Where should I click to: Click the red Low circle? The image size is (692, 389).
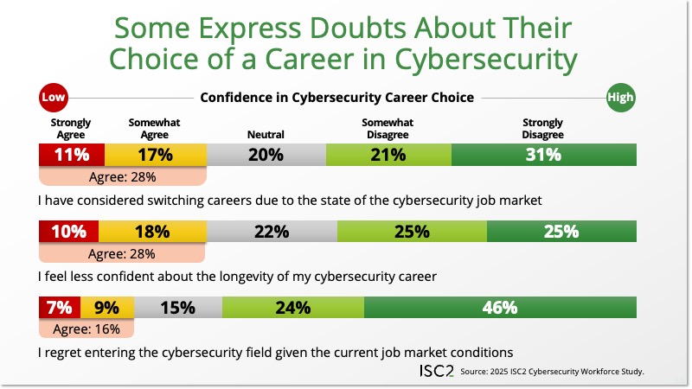pyautogui.click(x=54, y=98)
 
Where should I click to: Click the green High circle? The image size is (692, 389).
pyautogui.click(x=620, y=98)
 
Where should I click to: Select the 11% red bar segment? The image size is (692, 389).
pyautogui.click(x=72, y=156)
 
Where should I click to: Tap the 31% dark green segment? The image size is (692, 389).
pyautogui.click(x=543, y=156)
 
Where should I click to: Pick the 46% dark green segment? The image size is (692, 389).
pyautogui.click(x=500, y=307)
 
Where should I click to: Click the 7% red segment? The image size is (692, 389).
pyautogui.click(x=60, y=307)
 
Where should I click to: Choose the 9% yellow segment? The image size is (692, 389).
pyautogui.click(x=107, y=307)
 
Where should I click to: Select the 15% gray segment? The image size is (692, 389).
pyautogui.click(x=177, y=307)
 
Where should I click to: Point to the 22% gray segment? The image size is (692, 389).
pyautogui.click(x=271, y=232)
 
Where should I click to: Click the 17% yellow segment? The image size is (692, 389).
pyautogui.click(x=155, y=156)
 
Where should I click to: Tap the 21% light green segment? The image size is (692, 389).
pyautogui.click(x=388, y=156)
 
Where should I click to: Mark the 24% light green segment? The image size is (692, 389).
pyautogui.click(x=292, y=307)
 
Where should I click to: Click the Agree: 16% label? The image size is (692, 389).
pyautogui.click(x=86, y=328)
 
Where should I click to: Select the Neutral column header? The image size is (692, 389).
pyautogui.click(x=266, y=135)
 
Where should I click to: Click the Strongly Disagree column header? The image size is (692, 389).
pyautogui.click(x=542, y=129)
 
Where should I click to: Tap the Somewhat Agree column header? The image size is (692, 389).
pyautogui.click(x=154, y=129)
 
